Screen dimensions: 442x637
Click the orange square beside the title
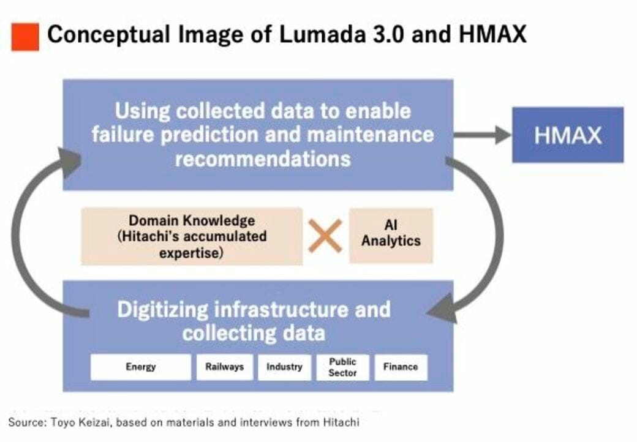coord(24,37)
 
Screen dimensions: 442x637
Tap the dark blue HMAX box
coord(567,135)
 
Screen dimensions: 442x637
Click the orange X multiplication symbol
coord(325,236)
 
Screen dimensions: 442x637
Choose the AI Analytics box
coord(391,235)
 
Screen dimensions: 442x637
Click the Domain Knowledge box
coord(191,236)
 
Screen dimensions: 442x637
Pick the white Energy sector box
coord(141,367)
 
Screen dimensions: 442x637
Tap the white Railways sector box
coord(224,367)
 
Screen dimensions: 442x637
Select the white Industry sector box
coord(284,367)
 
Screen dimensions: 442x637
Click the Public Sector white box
coord(342,367)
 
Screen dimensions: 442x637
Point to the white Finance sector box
coord(401,367)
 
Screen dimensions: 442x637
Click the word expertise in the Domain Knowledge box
coord(191,252)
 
